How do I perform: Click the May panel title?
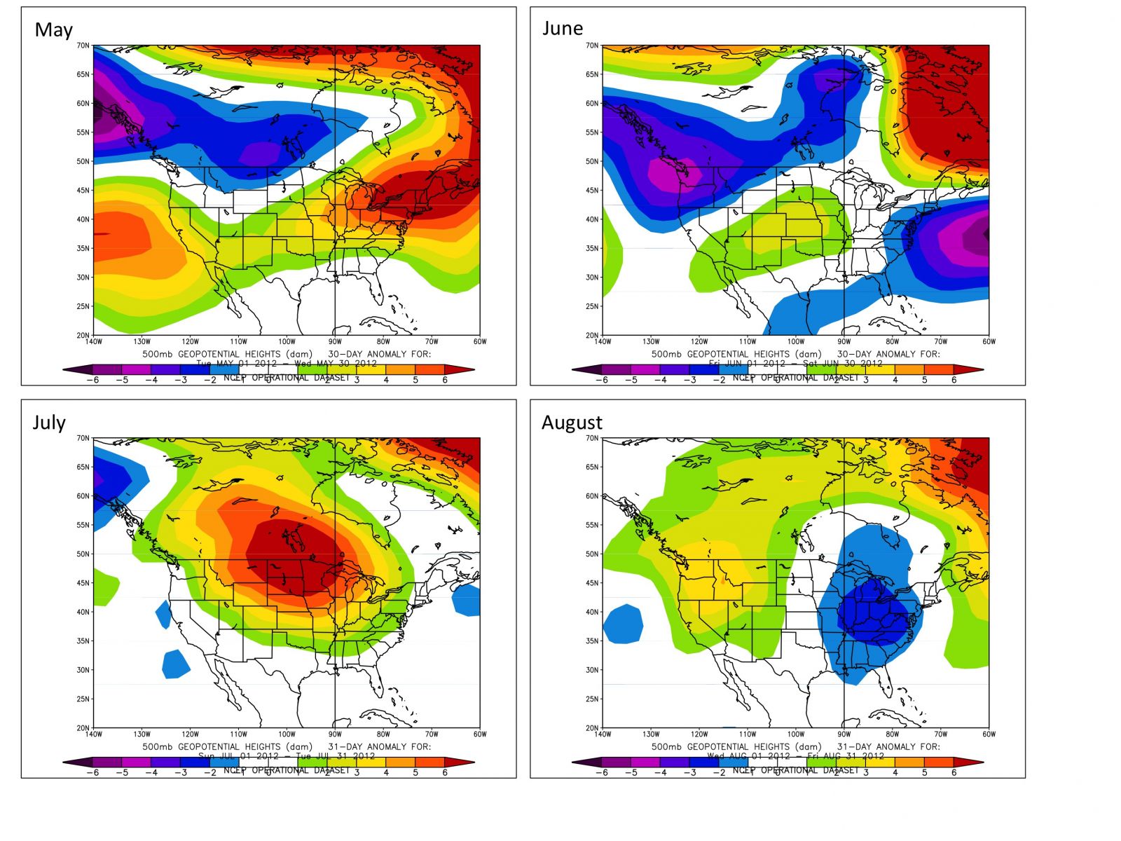tap(53, 30)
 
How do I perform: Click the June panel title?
tap(563, 29)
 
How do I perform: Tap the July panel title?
tap(49, 423)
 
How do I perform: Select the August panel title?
tap(572, 423)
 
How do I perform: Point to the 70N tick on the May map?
tap(83, 46)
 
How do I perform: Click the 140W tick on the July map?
tap(94, 734)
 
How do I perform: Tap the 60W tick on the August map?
tap(989, 734)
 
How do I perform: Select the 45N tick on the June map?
tap(592, 190)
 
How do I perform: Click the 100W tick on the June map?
tap(795, 342)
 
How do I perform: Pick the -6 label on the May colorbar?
tap(92, 380)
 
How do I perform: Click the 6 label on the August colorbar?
tap(954, 772)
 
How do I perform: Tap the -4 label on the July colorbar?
tap(151, 772)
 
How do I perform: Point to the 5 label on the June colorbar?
tap(925, 380)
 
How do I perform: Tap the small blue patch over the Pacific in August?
tap(623, 624)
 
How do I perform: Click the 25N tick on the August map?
tap(592, 699)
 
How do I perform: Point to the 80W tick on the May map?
tap(383, 342)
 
